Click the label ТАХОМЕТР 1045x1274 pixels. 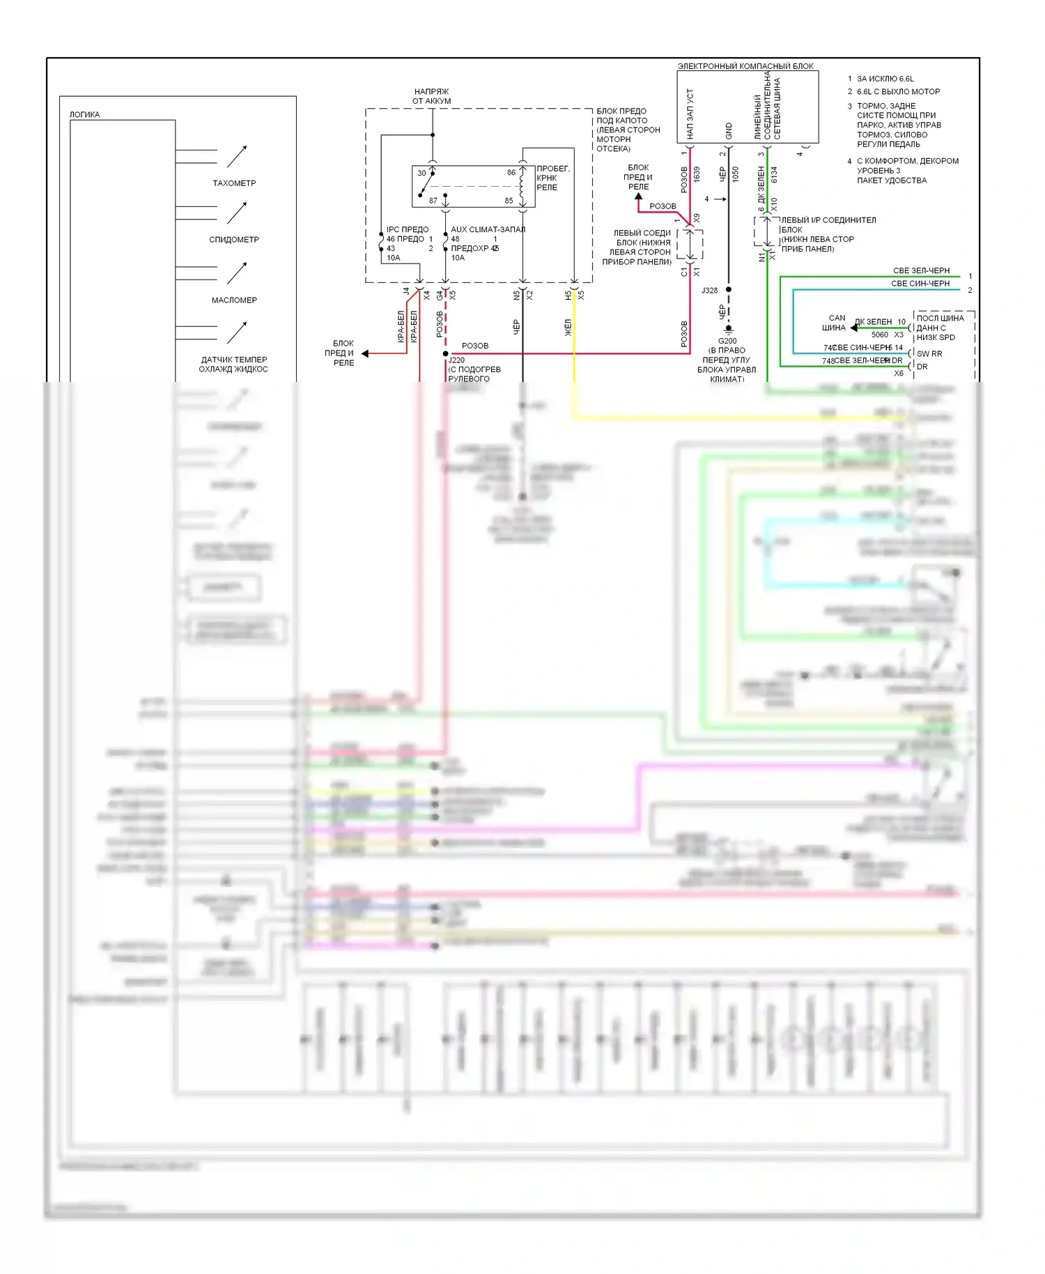234,183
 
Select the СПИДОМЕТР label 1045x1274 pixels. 234,240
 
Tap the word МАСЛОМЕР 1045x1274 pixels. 234,300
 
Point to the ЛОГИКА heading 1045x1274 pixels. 84,115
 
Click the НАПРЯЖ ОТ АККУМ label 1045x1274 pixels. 431,96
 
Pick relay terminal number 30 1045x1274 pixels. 421,174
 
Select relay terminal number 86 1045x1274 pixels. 511,173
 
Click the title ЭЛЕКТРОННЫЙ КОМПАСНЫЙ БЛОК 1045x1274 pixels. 745,66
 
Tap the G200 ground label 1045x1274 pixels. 727,341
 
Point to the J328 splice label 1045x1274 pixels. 709,291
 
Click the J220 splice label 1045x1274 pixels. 457,360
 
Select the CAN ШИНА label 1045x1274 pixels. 835,323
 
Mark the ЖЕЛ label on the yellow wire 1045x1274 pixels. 568,328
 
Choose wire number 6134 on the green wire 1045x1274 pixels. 774,174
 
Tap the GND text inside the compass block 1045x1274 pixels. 729,130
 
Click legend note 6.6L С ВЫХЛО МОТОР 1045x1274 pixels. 898,92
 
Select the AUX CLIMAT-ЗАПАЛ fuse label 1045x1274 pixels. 488,229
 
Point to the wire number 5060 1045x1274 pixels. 880,335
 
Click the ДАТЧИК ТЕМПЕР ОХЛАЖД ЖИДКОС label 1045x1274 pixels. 234,364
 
